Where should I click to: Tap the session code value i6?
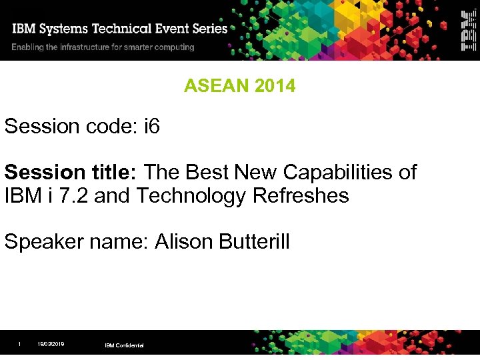tap(152, 126)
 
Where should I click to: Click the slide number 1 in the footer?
tap(19, 344)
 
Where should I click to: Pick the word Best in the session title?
tap(207, 173)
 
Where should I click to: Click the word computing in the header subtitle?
tap(173, 47)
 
